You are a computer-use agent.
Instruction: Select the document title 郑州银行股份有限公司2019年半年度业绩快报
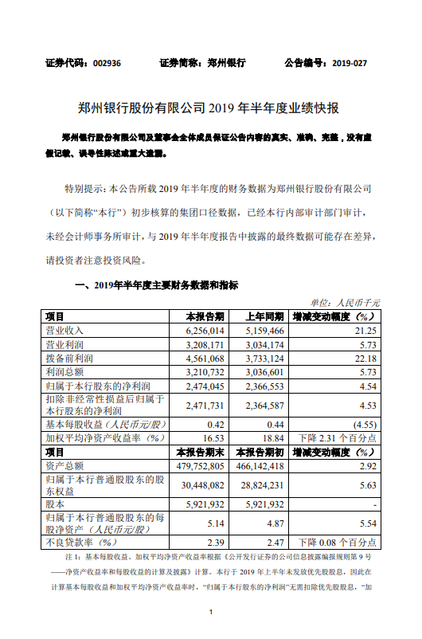(x=210, y=108)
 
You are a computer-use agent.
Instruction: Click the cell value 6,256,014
(x=205, y=329)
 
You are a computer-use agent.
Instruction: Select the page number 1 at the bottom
(x=210, y=612)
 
